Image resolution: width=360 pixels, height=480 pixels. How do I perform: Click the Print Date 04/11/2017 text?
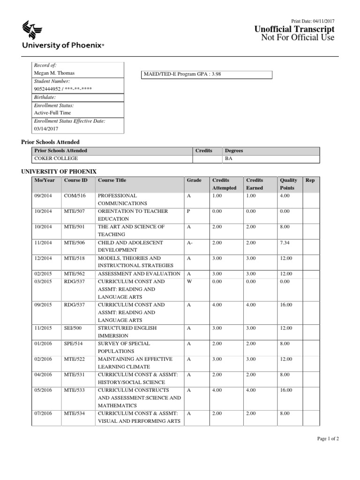[313, 22]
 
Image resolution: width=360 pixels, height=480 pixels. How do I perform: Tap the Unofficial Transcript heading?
[294, 30]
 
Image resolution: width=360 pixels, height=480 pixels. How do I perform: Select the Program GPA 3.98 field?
[207, 75]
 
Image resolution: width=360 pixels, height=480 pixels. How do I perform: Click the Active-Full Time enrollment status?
[52, 113]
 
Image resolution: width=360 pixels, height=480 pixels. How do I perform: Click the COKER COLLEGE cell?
[51, 159]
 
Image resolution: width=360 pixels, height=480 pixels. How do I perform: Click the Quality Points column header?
[288, 184]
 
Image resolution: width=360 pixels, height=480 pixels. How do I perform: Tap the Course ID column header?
[75, 180]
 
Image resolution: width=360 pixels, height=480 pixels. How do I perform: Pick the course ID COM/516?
[75, 195]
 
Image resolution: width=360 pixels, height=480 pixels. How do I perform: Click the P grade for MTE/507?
[188, 211]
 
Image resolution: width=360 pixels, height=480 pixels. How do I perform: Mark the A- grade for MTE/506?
[189, 242]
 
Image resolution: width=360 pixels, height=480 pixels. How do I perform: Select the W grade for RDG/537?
[189, 281]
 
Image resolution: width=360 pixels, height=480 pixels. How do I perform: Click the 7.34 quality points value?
[285, 242]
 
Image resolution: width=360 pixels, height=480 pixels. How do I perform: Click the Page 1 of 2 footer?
[328, 439]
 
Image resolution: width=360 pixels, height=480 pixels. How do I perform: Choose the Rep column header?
[310, 180]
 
